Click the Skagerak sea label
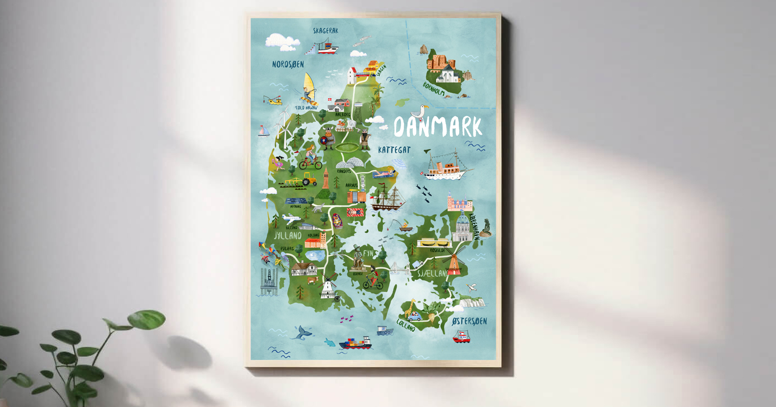coord(326,30)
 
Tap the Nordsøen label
coord(288,64)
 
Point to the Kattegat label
coord(394,150)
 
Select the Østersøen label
coord(469,321)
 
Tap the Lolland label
coord(406,325)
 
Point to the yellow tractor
coord(309,180)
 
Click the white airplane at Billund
coord(292,217)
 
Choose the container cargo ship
coord(355,343)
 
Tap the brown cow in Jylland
coord(312,281)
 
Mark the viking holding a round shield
coord(328,138)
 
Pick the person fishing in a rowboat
coord(405,226)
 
